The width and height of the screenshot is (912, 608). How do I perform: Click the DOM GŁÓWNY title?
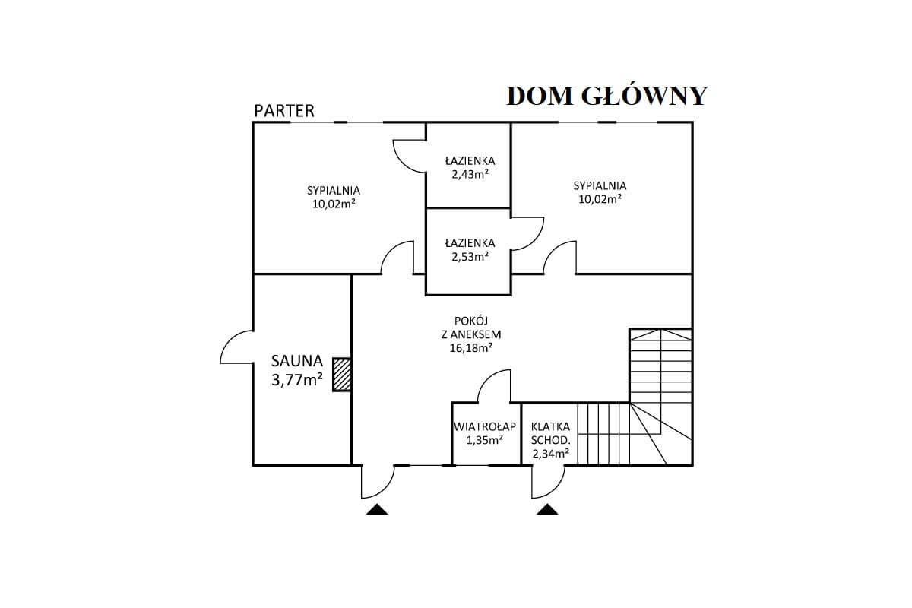pyautogui.click(x=606, y=97)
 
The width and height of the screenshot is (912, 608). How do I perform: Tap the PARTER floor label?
pyautogui.click(x=284, y=111)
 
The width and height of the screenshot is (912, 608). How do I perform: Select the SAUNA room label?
pyautogui.click(x=297, y=361)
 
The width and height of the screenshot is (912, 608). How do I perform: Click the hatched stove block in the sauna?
pyautogui.click(x=341, y=375)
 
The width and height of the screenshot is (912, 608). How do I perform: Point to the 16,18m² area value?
pyautogui.click(x=471, y=348)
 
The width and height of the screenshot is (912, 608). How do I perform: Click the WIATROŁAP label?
pyautogui.click(x=485, y=426)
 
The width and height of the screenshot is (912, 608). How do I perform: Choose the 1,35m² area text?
pyautogui.click(x=485, y=440)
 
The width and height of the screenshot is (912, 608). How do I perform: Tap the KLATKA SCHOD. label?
pyautogui.click(x=550, y=433)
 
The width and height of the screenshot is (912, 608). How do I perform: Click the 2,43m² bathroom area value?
pyautogui.click(x=470, y=174)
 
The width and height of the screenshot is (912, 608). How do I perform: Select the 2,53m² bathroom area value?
pyautogui.click(x=470, y=257)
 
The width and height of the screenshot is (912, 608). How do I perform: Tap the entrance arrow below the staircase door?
pyautogui.click(x=547, y=509)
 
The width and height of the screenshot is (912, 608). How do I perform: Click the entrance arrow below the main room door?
pyautogui.click(x=377, y=509)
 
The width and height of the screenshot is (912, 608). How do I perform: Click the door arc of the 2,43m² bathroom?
pyautogui.click(x=403, y=163)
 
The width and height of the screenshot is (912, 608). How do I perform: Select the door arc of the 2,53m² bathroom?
pyautogui.click(x=534, y=240)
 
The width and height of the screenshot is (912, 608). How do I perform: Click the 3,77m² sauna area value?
pyautogui.click(x=297, y=380)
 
